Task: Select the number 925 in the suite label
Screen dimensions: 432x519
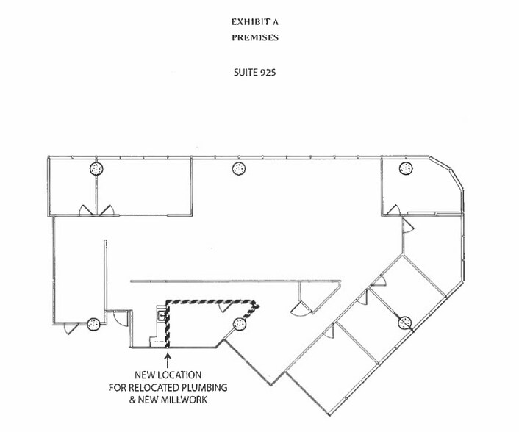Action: (268, 73)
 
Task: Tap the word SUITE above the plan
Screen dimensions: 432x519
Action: (244, 73)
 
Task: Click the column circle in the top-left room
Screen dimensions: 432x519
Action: (95, 168)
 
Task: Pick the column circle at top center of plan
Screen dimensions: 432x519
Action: (238, 168)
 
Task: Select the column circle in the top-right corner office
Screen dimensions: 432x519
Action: (404, 168)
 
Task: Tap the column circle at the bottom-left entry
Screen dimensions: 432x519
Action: (93, 322)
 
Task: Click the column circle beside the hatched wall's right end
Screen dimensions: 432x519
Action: (237, 324)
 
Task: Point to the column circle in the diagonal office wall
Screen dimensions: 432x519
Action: (404, 322)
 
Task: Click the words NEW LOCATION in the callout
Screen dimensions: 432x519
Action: (168, 375)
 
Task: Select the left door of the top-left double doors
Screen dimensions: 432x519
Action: (87, 210)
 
